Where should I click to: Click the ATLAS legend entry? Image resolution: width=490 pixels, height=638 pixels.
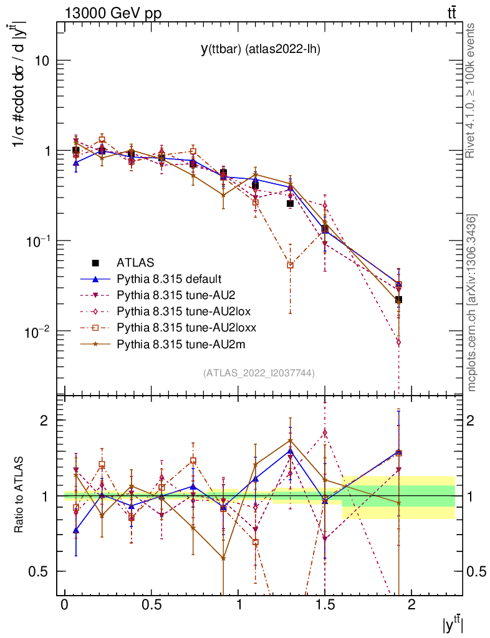[135, 262]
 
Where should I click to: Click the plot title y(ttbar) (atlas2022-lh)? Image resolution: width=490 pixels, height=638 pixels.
[260, 49]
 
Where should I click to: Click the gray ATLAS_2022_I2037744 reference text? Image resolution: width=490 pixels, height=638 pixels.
[259, 373]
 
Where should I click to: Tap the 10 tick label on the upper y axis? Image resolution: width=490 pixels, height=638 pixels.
[42, 61]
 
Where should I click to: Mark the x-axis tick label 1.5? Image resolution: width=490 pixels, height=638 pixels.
[325, 605]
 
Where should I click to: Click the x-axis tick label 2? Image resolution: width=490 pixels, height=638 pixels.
[411, 605]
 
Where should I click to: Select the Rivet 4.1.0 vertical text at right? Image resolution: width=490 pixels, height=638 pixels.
[471, 90]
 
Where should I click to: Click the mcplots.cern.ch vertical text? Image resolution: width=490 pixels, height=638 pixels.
[471, 302]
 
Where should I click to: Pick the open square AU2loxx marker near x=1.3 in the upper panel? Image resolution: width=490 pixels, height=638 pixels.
[290, 265]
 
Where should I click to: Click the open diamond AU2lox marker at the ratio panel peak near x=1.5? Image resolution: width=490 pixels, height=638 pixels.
[325, 432]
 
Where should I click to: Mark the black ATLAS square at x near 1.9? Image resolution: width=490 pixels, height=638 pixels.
[398, 300]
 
